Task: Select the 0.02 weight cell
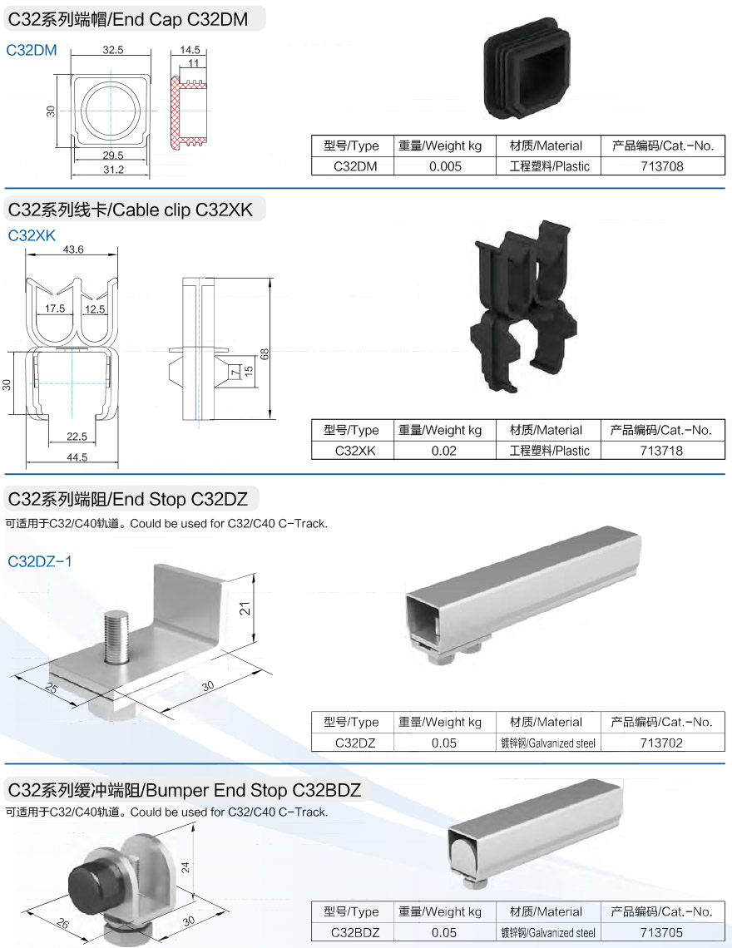tap(444, 451)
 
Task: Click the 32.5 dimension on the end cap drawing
tap(113, 50)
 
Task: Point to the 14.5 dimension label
tap(189, 50)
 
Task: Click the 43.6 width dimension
tap(73, 249)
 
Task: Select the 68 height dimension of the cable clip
tap(265, 353)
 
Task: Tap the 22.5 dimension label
tap(77, 437)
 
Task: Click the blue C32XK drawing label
tap(32, 235)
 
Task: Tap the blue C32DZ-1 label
tap(40, 561)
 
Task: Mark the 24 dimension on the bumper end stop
tap(185, 867)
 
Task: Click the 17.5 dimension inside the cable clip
tap(55, 309)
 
